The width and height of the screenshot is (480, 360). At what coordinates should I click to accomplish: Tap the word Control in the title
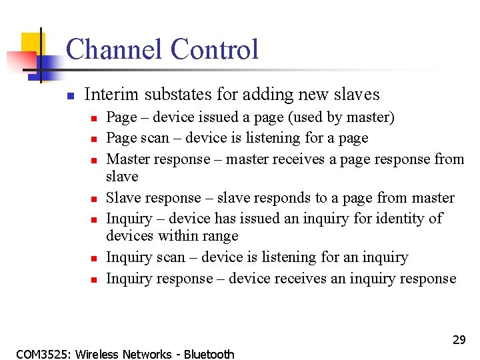pos(214,49)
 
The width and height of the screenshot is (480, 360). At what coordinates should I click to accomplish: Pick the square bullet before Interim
pos(69,95)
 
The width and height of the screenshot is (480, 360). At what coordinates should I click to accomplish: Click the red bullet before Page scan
pos(95,139)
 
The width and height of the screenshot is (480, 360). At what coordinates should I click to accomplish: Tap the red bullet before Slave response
pos(95,199)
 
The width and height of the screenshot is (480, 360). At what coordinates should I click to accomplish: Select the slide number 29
pos(459,340)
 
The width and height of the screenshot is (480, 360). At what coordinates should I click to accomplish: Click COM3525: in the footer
pos(44,354)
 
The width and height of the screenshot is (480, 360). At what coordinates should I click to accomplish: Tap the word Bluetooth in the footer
pos(209,354)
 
